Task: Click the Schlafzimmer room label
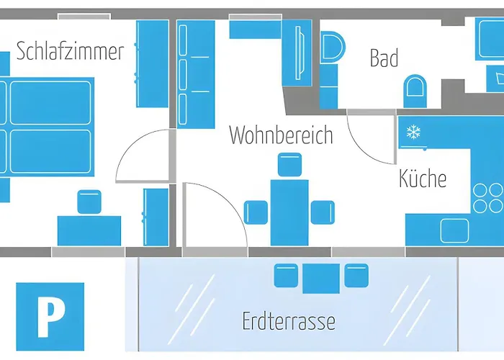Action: click(70, 52)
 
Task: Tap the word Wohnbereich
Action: click(281, 135)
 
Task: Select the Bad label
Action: click(384, 58)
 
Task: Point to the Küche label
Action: click(423, 178)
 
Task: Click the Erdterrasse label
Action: click(289, 319)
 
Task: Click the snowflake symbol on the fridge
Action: click(413, 132)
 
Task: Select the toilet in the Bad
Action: click(415, 91)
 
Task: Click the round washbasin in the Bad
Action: click(332, 48)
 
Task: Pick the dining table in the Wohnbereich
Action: click(289, 212)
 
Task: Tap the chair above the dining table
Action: click(289, 166)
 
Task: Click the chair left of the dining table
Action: click(256, 212)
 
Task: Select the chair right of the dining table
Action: click(322, 212)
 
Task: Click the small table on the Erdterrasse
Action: click(320, 279)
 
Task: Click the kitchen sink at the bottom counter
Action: click(454, 230)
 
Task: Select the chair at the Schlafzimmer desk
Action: click(89, 202)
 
